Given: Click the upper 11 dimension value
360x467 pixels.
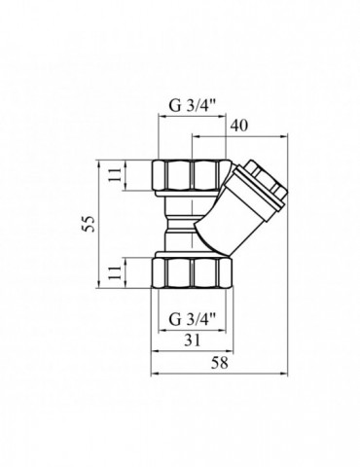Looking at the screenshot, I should tap(114, 176).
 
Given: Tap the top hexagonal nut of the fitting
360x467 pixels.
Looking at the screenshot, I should tap(192, 176).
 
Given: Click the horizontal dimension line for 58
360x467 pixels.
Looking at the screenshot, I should tap(221, 375).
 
